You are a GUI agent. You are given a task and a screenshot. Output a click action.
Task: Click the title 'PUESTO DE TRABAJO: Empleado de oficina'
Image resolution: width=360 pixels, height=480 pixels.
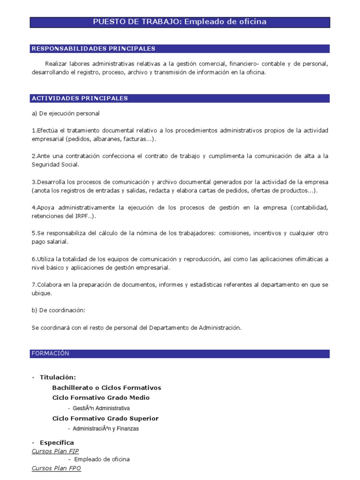click(180, 22)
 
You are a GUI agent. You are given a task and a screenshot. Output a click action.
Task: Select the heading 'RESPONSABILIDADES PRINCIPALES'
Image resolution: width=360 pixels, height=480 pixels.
click(93, 48)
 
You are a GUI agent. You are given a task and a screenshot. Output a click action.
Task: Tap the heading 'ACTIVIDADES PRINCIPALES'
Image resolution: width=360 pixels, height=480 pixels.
click(80, 98)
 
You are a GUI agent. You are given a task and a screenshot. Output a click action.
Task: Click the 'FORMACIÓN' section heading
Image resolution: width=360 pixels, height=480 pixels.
click(50, 353)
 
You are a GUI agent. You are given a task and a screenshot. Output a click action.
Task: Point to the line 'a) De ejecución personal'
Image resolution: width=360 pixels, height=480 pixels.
click(66, 113)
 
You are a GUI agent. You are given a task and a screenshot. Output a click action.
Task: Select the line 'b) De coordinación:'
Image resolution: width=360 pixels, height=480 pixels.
click(59, 310)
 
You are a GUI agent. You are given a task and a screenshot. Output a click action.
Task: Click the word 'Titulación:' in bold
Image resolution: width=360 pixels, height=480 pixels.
click(58, 377)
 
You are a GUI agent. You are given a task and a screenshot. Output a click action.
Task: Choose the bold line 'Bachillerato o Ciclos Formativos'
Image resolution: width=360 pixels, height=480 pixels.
click(106, 388)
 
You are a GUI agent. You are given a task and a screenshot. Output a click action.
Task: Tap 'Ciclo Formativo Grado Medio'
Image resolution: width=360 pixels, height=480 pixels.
click(101, 397)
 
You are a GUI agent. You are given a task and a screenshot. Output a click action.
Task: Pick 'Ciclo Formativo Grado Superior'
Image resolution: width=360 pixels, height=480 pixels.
click(105, 418)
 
